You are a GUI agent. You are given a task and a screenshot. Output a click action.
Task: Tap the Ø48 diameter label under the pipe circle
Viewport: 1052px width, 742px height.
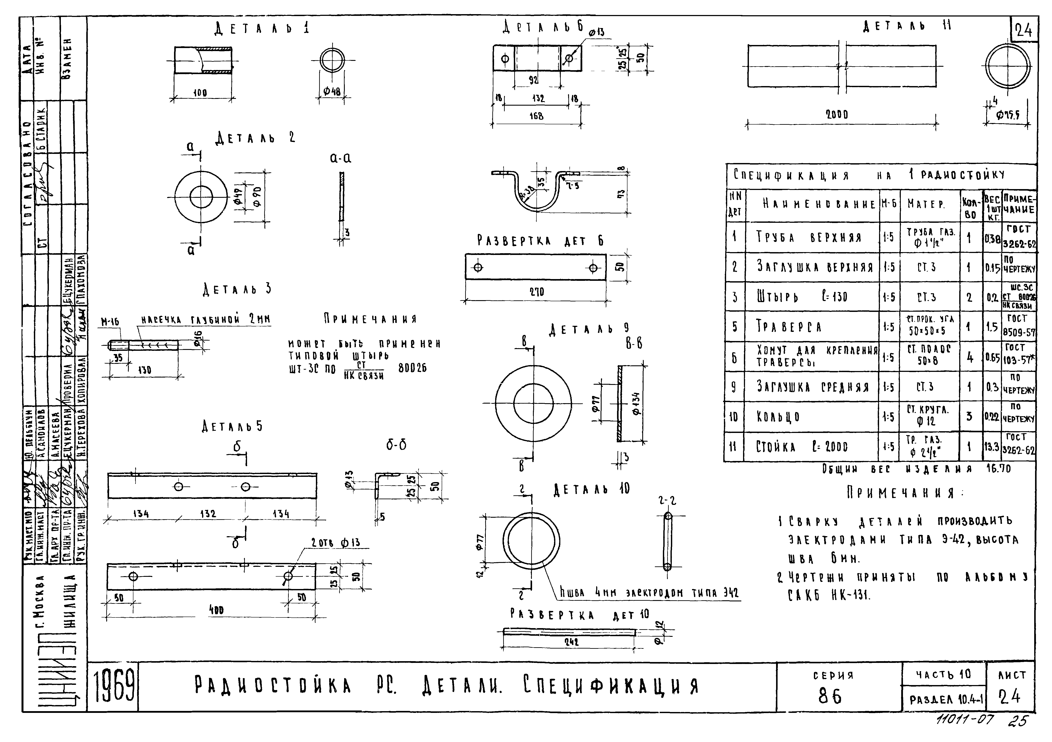[x=332, y=92]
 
